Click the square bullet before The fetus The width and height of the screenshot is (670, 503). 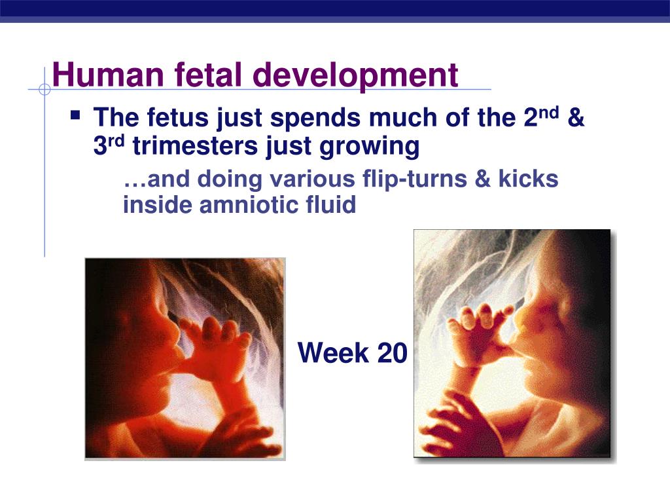[x=76, y=115]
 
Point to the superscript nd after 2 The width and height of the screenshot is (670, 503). [x=549, y=113]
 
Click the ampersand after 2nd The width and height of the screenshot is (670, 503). [x=576, y=117]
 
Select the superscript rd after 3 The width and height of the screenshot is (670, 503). [x=116, y=141]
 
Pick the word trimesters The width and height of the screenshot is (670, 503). [x=195, y=146]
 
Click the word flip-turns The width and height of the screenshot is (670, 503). [x=414, y=179]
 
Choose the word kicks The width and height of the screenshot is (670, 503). [x=528, y=178]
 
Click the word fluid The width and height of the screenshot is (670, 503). [x=330, y=204]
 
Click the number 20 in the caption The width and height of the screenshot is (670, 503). [x=393, y=353]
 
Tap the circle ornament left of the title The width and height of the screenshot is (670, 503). [x=44, y=89]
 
